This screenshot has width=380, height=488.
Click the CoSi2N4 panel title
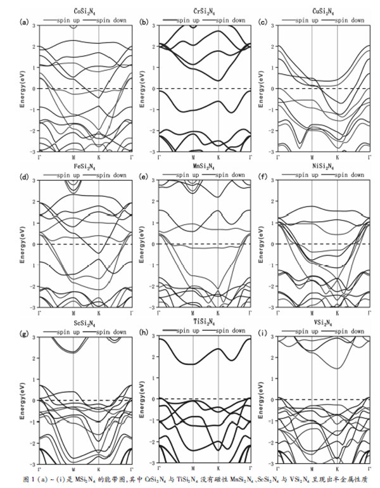point(85,10)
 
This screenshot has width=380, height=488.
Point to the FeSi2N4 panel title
point(85,166)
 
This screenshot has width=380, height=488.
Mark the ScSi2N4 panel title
point(85,323)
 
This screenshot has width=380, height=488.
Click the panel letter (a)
point(25,22)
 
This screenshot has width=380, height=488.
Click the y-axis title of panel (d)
point(23,244)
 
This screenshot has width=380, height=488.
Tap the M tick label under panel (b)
point(193,157)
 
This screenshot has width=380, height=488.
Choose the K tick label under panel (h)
point(218,470)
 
